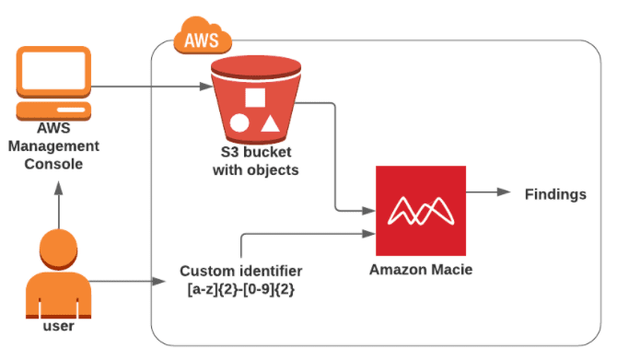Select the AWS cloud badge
(x=202, y=38)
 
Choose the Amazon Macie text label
(x=416, y=270)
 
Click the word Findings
(x=554, y=194)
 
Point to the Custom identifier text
(x=240, y=272)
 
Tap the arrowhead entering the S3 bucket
(x=205, y=88)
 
